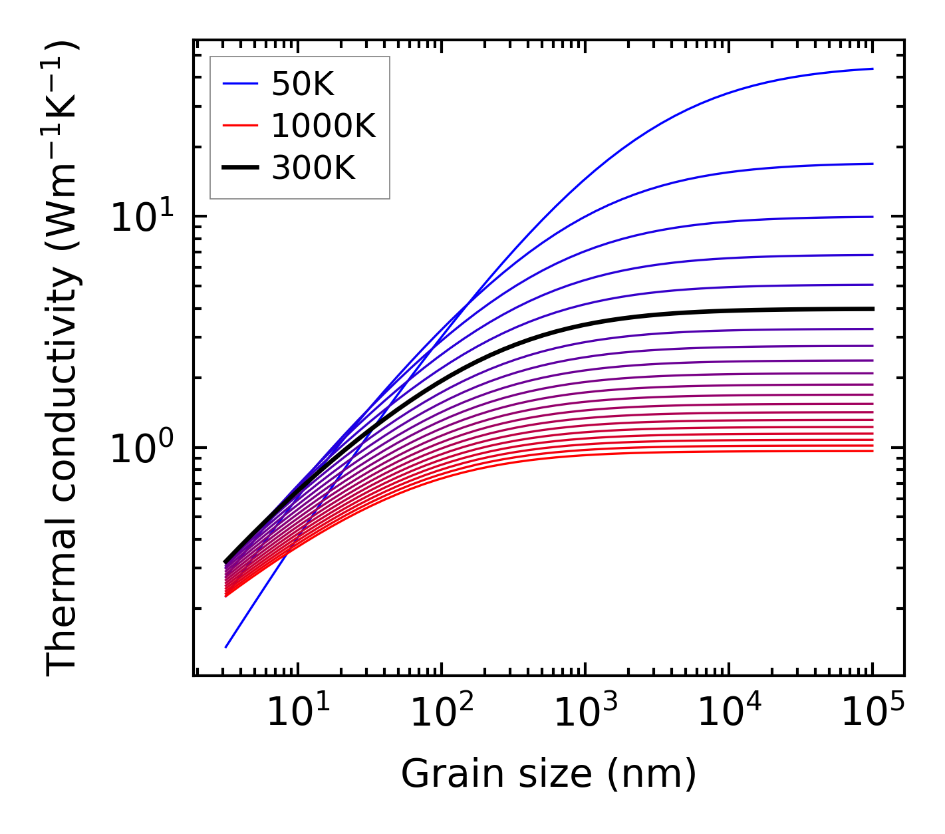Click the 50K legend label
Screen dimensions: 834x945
303,84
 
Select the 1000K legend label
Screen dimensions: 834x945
323,126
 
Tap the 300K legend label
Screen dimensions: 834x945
313,168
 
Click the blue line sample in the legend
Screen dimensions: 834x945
240,84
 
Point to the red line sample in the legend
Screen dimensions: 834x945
240,126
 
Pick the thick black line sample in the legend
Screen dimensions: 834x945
240,168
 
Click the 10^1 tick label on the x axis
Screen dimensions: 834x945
298,713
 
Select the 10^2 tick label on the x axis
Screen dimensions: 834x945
442,713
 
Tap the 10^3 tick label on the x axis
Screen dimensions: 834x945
586,713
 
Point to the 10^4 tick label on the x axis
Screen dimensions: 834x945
730,713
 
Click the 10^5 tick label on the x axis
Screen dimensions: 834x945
873,713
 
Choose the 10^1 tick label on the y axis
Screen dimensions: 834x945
141,217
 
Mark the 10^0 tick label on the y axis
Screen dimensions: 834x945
141,449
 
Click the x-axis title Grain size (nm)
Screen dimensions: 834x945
549,773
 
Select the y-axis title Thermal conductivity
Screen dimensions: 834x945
63,357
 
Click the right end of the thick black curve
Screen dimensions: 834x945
873,309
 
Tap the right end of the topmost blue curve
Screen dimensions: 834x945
873,69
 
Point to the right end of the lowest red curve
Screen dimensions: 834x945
873,451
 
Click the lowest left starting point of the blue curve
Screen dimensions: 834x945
226,646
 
